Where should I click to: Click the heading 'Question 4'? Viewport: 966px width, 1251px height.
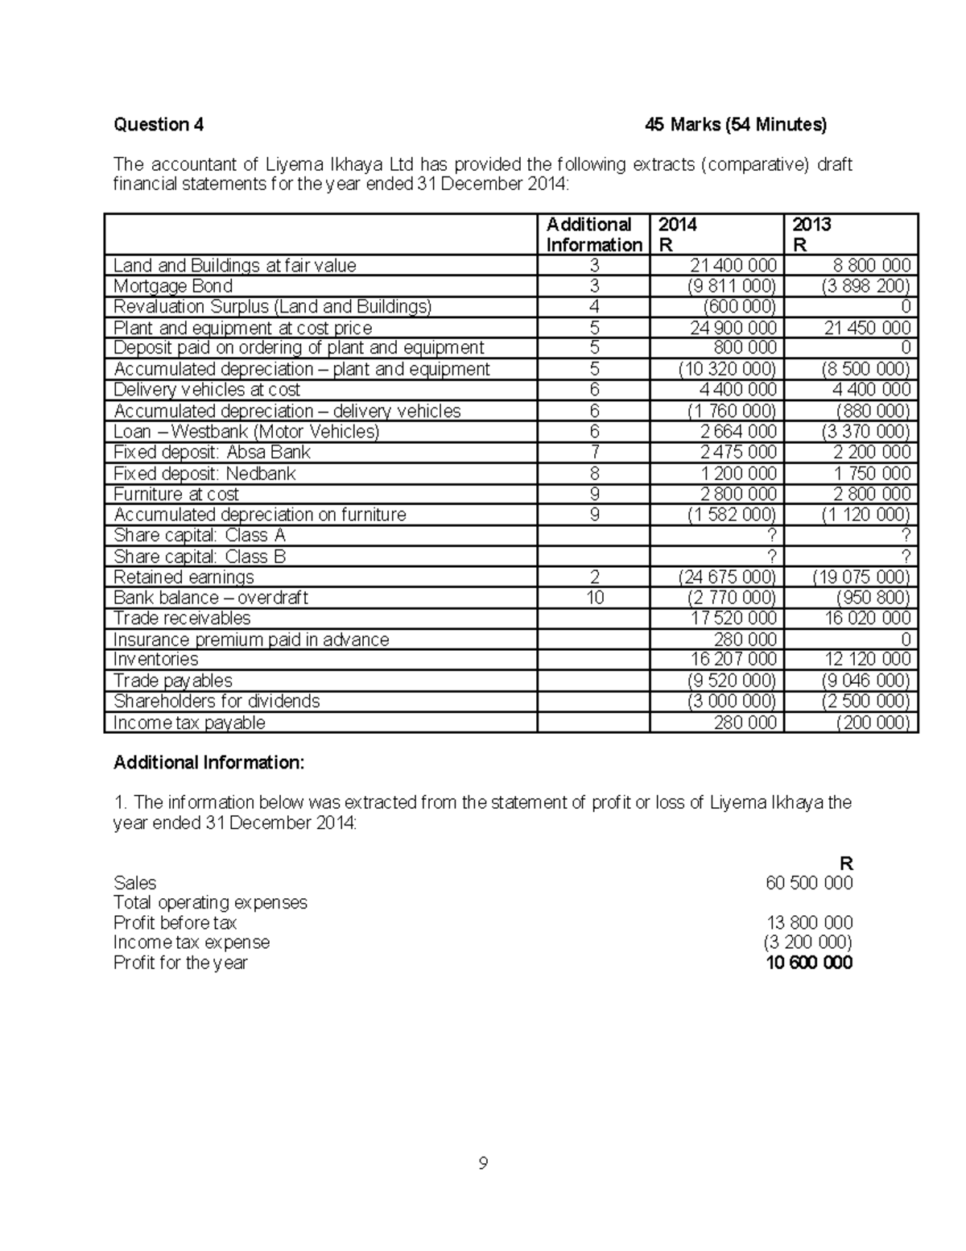(x=159, y=124)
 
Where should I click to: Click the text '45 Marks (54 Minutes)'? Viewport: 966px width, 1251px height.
(x=736, y=124)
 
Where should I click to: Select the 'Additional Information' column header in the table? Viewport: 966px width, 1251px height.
(x=593, y=234)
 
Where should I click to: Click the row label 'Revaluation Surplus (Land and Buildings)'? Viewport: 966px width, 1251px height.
(x=272, y=307)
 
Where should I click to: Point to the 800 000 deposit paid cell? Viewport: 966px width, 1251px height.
(x=745, y=348)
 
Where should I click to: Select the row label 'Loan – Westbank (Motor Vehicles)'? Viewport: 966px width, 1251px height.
(x=246, y=432)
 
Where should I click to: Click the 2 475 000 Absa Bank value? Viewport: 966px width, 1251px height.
(x=738, y=453)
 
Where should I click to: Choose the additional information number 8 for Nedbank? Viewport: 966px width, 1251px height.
(x=594, y=474)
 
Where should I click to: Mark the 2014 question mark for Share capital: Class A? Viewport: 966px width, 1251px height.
(x=772, y=536)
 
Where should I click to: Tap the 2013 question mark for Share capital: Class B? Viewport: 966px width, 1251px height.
(x=906, y=557)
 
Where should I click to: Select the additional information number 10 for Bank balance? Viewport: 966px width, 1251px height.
(x=594, y=598)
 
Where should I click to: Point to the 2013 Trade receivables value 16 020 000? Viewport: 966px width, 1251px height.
(x=867, y=619)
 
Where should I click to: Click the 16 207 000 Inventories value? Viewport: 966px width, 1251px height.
(x=733, y=660)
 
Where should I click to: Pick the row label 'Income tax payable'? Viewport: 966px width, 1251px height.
(x=189, y=723)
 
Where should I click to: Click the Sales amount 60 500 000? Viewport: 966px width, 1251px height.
(x=809, y=883)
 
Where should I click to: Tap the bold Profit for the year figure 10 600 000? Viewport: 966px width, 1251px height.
(x=809, y=963)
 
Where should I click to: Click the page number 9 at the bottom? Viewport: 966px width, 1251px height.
(x=483, y=1163)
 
